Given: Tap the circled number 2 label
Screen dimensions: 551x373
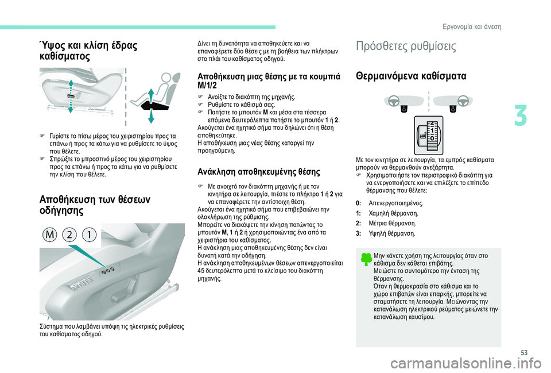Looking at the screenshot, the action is [69, 234].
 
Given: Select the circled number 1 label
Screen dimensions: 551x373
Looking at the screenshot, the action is [90, 234].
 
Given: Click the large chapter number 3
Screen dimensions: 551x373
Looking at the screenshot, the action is [521, 116].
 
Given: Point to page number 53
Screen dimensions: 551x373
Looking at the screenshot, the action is [524, 353].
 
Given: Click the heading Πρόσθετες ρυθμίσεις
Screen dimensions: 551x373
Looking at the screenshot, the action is [406, 46].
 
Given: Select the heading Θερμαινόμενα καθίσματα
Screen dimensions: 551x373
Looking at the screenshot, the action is [411, 76].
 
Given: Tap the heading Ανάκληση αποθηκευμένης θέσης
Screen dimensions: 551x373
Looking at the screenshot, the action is [259, 172].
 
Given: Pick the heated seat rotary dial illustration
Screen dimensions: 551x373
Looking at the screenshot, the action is [428, 136].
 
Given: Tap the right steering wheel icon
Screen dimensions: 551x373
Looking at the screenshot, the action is [463, 101].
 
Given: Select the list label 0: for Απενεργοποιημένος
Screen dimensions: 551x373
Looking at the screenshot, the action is [358, 203].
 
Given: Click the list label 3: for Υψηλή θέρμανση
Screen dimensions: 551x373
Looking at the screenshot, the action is [358, 233].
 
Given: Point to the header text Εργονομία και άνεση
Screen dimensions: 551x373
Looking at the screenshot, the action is [472, 27].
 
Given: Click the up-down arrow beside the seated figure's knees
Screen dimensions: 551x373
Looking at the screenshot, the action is [151, 96].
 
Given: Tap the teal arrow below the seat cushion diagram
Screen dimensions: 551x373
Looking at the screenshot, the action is [151, 116].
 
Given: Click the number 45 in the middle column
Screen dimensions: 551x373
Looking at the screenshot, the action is [201, 271].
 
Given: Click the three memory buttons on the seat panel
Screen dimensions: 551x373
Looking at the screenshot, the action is [108, 271].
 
